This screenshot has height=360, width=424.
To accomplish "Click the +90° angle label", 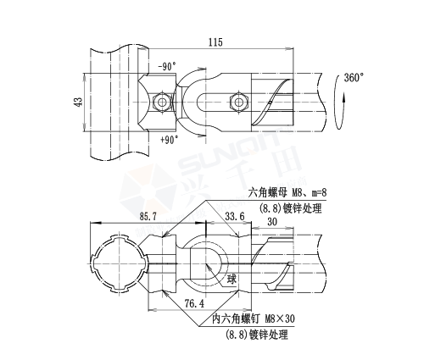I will coord(169,139).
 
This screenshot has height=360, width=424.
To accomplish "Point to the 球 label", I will coord(232,278).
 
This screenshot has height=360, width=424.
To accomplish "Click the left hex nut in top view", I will coord(161,102).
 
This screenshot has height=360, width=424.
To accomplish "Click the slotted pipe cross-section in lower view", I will coord(118,260).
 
